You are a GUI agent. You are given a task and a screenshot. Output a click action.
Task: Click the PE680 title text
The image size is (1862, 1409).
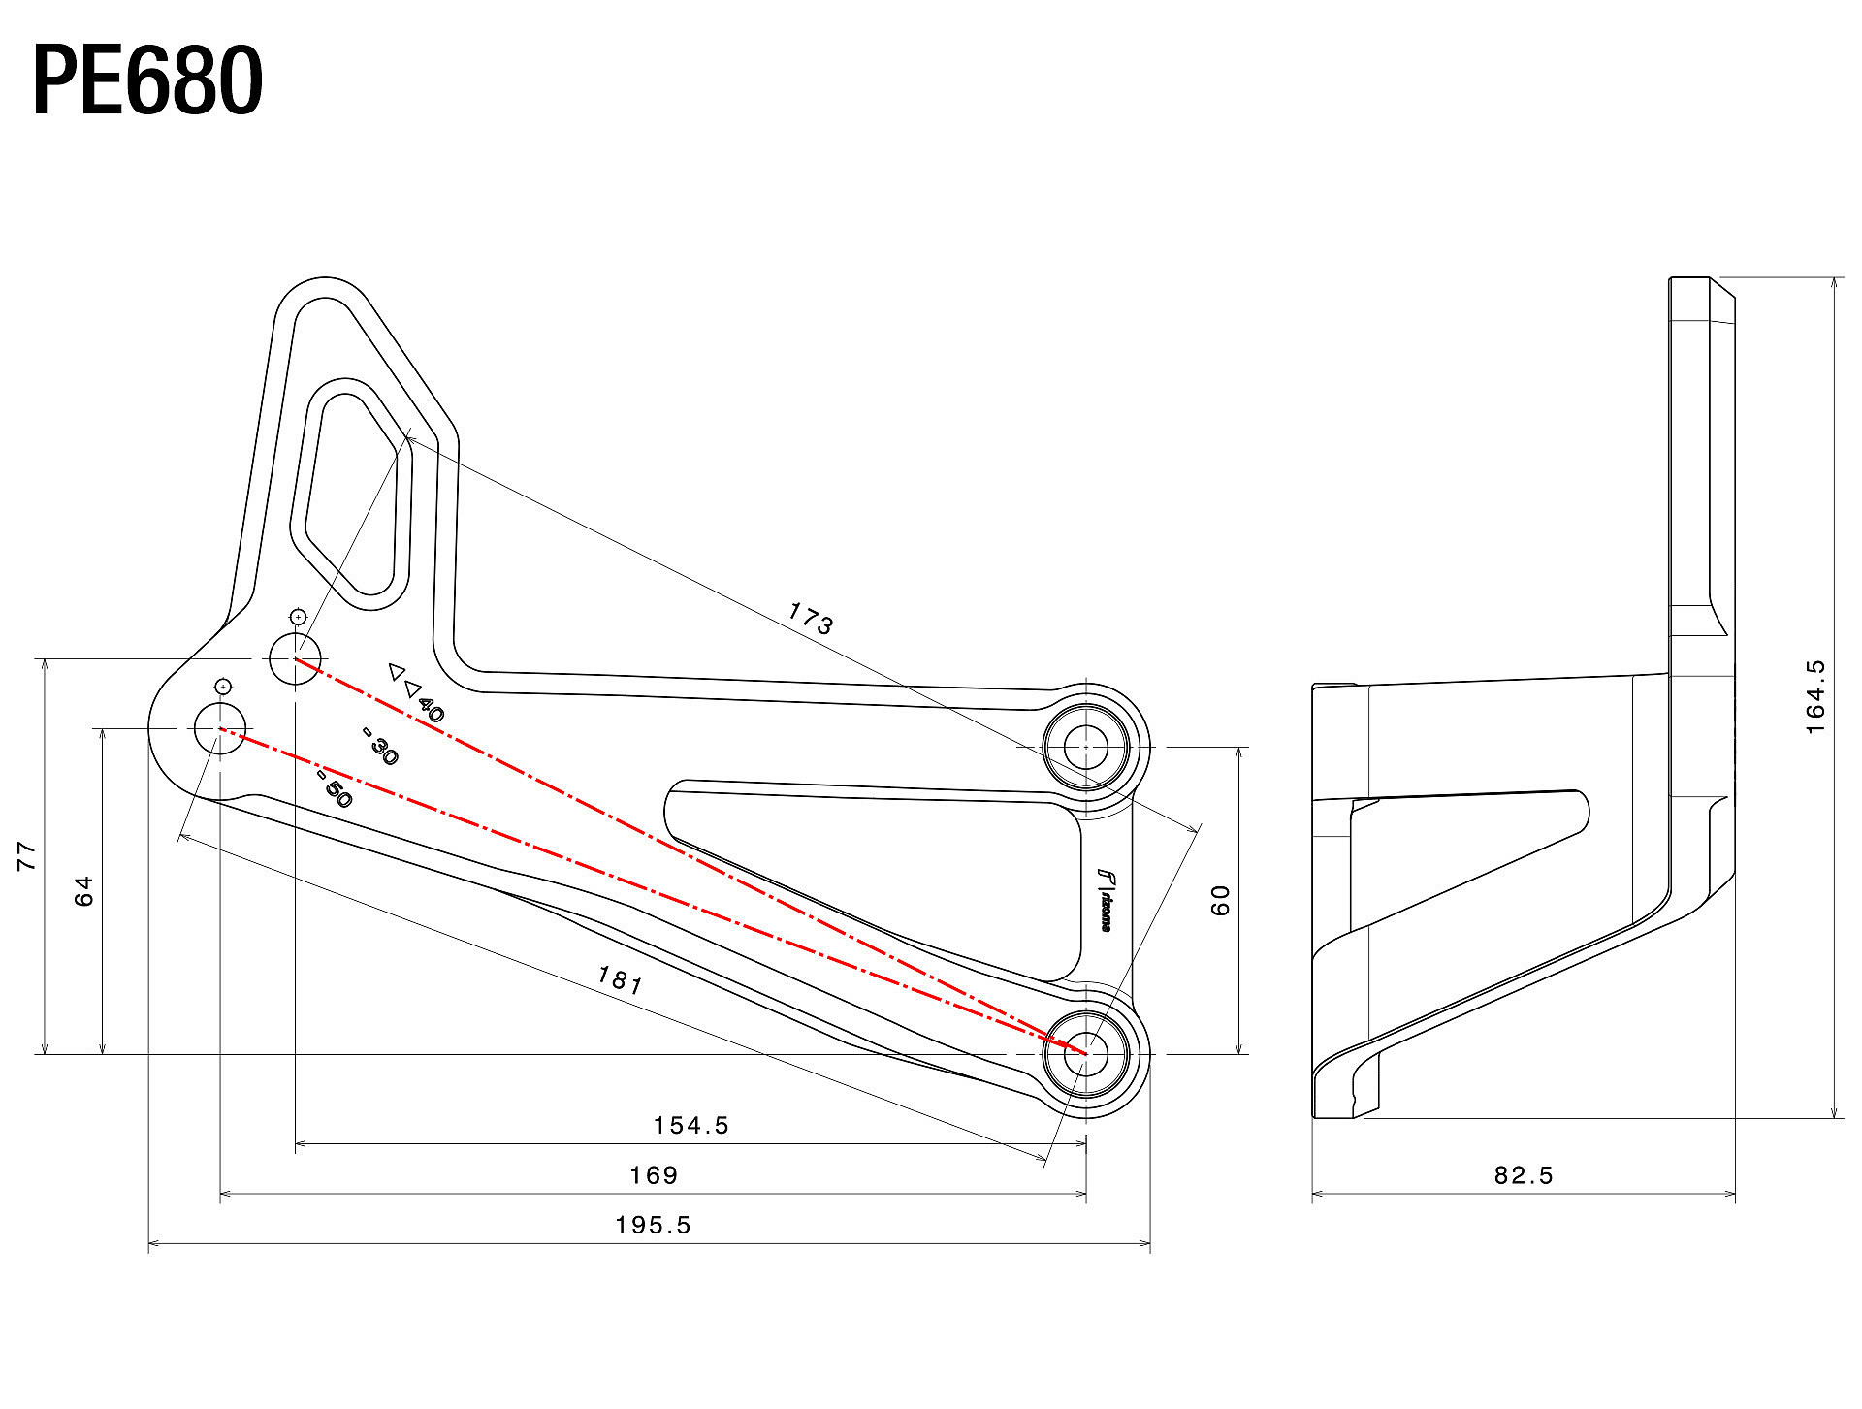coord(147,81)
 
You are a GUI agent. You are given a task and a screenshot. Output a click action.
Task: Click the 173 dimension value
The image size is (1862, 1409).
coord(810,618)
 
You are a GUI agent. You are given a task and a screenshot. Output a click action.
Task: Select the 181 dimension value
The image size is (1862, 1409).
coord(620,980)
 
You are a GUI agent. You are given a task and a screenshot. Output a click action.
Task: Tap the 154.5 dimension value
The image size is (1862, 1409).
coord(690,1125)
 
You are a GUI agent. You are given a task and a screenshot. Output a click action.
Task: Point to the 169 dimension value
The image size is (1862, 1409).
coord(654,1175)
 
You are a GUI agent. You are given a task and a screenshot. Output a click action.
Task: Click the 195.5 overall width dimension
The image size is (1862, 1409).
coord(653,1225)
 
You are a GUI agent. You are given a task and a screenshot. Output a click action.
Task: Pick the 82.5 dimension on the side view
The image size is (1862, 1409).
coord(1524,1175)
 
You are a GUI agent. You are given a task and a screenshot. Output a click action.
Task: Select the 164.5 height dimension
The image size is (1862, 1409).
coord(1815,696)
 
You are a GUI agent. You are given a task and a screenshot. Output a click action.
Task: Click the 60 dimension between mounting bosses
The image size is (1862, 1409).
coord(1220,900)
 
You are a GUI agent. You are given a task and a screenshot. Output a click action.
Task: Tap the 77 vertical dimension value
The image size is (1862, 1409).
coord(26,855)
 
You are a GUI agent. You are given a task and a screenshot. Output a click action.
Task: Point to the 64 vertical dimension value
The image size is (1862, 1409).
coord(84,890)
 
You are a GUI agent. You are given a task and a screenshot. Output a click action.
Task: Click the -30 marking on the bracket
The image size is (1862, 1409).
coord(380,746)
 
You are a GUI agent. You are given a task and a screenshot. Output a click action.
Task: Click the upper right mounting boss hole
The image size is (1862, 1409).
coord(1085,748)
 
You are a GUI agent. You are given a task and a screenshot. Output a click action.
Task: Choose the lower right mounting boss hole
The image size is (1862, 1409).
coord(1085,1053)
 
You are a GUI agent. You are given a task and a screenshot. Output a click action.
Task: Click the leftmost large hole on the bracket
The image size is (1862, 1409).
coord(220,728)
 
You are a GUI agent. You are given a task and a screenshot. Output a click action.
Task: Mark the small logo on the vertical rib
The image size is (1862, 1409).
coord(1105,900)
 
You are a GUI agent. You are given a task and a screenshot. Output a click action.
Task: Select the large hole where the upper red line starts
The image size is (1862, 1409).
coord(294,658)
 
